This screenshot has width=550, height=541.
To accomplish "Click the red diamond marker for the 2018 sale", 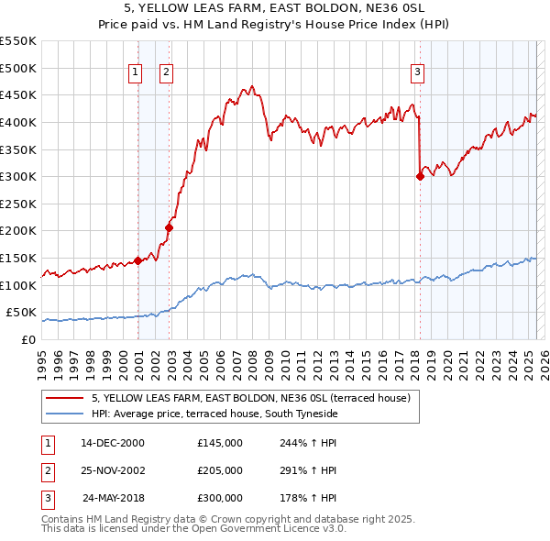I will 420,176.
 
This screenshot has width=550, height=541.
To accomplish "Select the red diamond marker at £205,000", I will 170,227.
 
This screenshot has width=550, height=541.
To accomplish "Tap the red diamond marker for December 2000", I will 137,260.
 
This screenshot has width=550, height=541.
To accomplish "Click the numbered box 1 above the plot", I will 136,72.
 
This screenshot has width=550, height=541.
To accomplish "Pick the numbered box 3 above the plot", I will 417,72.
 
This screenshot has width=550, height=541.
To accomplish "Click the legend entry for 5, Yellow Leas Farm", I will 256,398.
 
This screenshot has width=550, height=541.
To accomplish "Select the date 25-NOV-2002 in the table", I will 113,470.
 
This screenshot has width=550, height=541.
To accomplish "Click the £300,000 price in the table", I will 220,499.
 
